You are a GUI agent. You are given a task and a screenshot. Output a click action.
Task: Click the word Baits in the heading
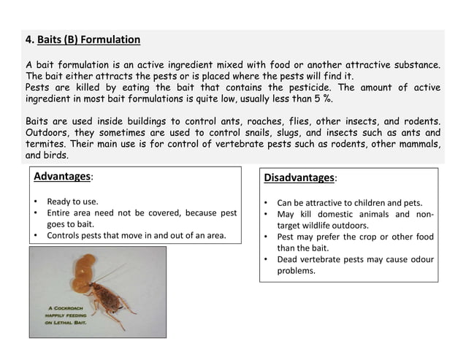(x=50, y=39)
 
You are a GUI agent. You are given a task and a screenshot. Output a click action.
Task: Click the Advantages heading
(x=62, y=177)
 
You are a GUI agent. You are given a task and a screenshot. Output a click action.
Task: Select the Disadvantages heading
(x=298, y=177)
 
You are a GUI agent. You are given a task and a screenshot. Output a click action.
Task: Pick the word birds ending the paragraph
(x=55, y=155)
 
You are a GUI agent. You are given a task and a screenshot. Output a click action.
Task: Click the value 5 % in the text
(x=332, y=99)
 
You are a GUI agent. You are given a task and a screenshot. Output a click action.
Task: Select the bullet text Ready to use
(x=72, y=201)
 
